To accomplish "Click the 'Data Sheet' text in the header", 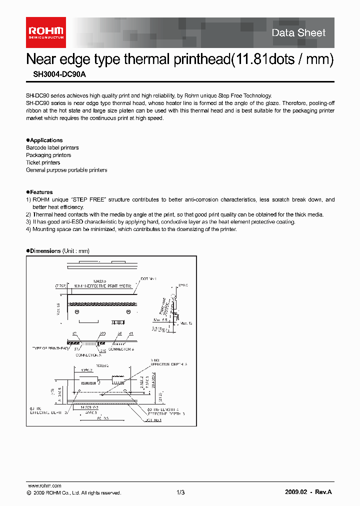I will coord(298,33).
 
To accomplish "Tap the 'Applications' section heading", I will coord(46,140).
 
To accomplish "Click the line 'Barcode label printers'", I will coord(52,148).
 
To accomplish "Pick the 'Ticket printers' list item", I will coord(43,162).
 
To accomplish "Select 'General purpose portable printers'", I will coord(66,170).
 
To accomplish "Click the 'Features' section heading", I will coord(41,192).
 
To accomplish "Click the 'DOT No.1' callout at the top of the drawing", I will coord(149,278).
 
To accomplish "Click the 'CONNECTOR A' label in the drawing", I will coord(88,354).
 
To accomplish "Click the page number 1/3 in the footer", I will coord(180,492).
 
